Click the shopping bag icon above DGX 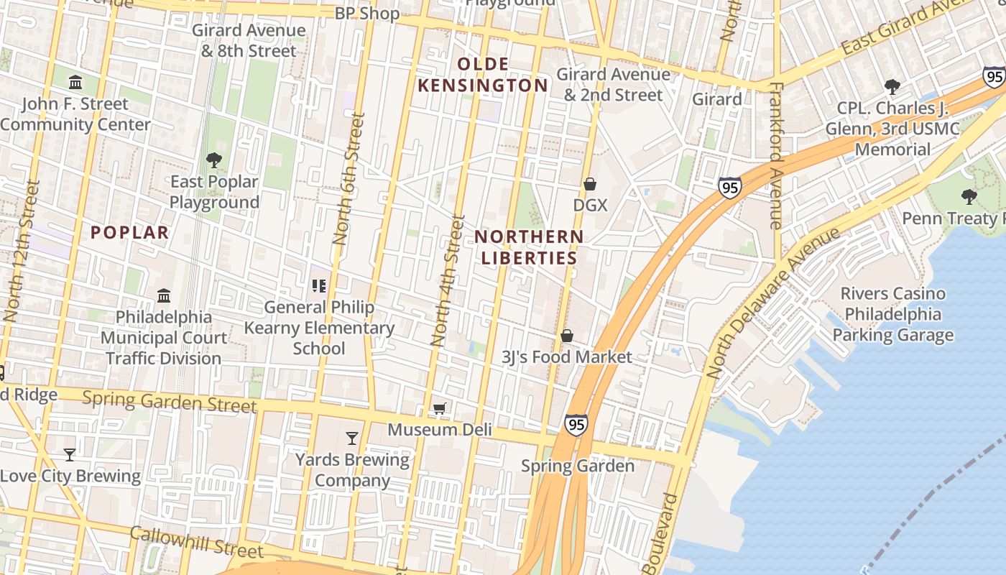point(590,184)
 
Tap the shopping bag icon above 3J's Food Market point(567,336)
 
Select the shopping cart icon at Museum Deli point(440,408)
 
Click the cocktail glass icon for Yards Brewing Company point(352,438)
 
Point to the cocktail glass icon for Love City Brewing point(70,454)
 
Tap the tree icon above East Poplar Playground point(213,160)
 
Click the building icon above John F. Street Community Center point(75,82)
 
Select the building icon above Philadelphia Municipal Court point(164,295)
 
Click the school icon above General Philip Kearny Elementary point(319,286)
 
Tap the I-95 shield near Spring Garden point(576,425)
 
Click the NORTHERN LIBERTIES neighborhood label point(529,247)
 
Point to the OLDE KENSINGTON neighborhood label point(483,75)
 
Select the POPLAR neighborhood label point(130,232)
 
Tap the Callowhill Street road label point(196,541)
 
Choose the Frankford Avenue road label point(775,155)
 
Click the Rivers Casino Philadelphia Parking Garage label point(892,314)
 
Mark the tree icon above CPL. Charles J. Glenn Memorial point(892,87)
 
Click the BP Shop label point(367,13)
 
